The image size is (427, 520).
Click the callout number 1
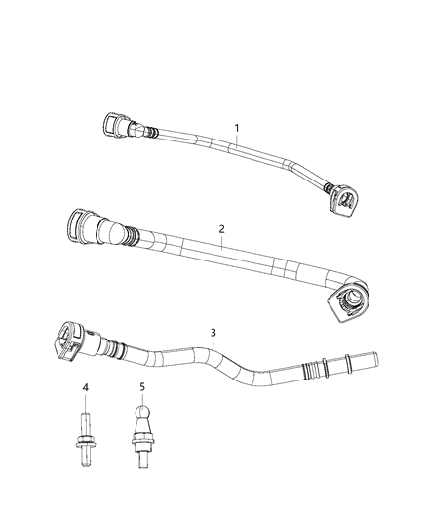(x=235, y=128)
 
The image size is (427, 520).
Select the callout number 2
(x=221, y=229)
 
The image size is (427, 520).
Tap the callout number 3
(x=213, y=332)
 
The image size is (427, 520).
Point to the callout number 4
(x=86, y=388)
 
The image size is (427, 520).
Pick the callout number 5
(x=142, y=387)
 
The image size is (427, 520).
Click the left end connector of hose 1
(x=112, y=126)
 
